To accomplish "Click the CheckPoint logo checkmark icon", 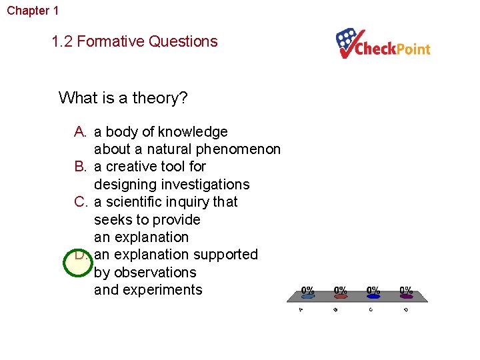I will tap(347, 42).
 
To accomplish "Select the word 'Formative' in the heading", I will tap(111, 41).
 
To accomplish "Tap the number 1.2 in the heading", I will tap(63, 41).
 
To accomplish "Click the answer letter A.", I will tap(81, 132).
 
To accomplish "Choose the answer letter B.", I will tap(81, 167).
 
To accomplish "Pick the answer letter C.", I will tap(81, 202).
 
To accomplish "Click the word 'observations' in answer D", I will tap(145, 272).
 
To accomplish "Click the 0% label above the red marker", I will tap(341, 291).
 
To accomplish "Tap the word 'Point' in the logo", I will tap(413, 49).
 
